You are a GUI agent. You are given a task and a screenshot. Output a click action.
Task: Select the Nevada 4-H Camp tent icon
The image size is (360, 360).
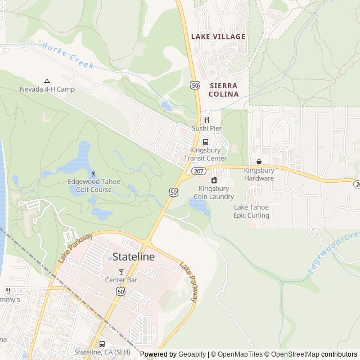(47, 80)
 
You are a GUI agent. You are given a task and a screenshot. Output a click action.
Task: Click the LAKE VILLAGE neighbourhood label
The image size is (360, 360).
(218, 37)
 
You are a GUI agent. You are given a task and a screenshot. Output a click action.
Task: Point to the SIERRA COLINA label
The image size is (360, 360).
(223, 89)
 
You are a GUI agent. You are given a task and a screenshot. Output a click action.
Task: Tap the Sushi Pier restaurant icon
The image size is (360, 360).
(207, 120)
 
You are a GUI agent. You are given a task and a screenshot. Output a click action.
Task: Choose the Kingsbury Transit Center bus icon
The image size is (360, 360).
(205, 142)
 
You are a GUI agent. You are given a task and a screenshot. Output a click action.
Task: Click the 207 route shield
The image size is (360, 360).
(198, 170)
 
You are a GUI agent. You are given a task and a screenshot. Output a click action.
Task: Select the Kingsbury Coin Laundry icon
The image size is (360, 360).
(214, 180)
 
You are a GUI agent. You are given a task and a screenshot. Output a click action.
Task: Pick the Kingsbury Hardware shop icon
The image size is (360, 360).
(259, 162)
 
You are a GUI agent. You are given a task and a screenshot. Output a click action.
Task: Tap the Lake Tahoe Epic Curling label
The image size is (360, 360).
(251, 211)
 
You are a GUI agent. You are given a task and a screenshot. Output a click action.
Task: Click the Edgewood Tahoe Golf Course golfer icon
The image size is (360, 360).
(93, 173)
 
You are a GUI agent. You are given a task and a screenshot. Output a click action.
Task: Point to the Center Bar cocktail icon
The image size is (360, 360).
(121, 272)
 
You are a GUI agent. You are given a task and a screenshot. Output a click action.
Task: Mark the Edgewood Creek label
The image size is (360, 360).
(333, 253)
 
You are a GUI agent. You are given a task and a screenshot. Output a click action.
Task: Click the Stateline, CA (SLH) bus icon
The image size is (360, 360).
(102, 344)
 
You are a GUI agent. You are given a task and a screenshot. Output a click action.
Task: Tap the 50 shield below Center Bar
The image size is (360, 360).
(121, 291)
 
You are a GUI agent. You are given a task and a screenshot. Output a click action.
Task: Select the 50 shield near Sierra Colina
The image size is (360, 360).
(195, 85)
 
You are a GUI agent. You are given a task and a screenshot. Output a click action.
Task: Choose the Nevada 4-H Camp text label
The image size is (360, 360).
(47, 89)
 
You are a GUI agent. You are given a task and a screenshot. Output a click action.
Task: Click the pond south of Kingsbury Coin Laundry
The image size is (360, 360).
(200, 207)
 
